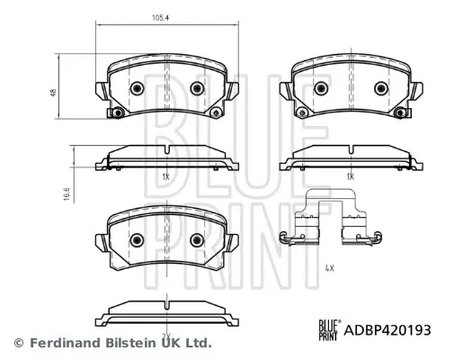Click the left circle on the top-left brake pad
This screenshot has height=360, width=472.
pyautogui.click(x=137, y=88)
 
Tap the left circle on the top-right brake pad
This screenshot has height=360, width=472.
pyautogui.click(x=321, y=88)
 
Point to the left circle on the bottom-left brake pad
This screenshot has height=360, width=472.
pyautogui.click(x=137, y=240)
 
